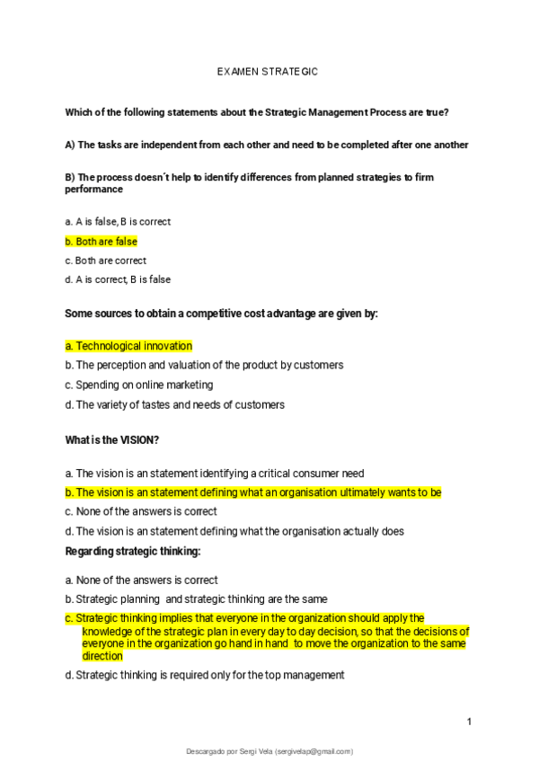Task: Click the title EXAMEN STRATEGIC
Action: (x=269, y=70)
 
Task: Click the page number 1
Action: (x=469, y=722)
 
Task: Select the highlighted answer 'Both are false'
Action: (x=102, y=241)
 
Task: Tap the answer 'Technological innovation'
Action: (x=128, y=346)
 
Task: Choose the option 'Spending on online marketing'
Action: (x=139, y=385)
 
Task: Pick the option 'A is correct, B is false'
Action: (x=118, y=279)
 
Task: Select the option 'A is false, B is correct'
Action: (x=118, y=221)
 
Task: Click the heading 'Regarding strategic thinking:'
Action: (x=133, y=550)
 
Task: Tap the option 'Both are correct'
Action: (x=106, y=261)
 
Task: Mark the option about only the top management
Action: (x=205, y=675)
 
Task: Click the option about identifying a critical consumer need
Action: (x=215, y=474)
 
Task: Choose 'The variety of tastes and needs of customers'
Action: (x=175, y=404)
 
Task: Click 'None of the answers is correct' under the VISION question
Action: (x=141, y=511)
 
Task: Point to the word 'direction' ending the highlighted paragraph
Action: (x=102, y=656)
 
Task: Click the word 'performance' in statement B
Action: (x=93, y=190)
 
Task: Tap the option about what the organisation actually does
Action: (x=234, y=531)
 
